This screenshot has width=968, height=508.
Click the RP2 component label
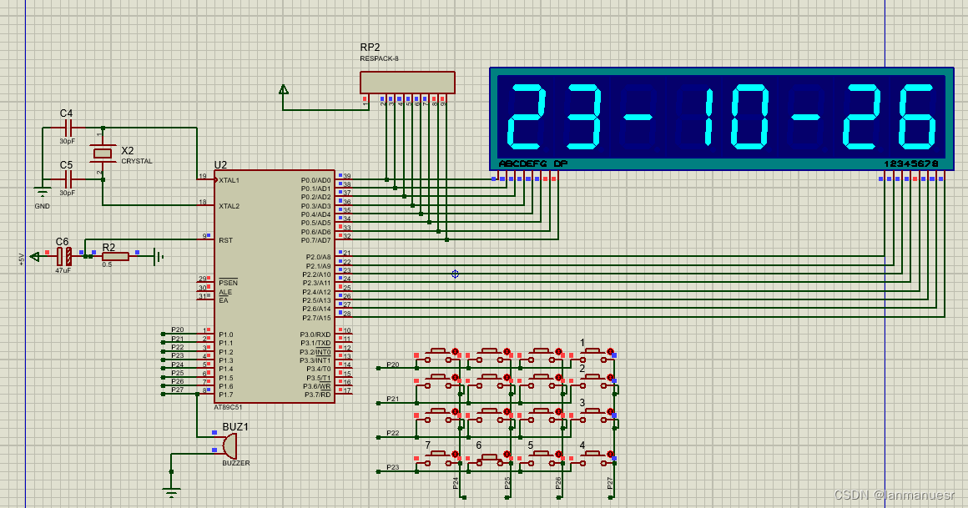(x=370, y=48)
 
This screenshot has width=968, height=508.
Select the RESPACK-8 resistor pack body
(x=407, y=83)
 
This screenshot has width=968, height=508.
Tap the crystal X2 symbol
(x=103, y=153)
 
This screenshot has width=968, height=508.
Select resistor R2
(x=115, y=256)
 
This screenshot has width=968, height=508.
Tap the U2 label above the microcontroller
(x=220, y=165)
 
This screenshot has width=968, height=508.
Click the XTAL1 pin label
(x=229, y=180)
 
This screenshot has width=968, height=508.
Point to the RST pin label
(x=225, y=240)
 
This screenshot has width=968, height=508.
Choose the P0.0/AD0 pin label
(x=316, y=180)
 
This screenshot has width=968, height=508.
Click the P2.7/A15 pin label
(x=316, y=318)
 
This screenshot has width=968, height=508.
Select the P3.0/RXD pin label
(x=316, y=334)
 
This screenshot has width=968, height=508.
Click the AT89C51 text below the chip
(x=228, y=407)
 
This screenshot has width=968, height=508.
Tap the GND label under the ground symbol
(x=42, y=206)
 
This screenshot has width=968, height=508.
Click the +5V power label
(x=23, y=258)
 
